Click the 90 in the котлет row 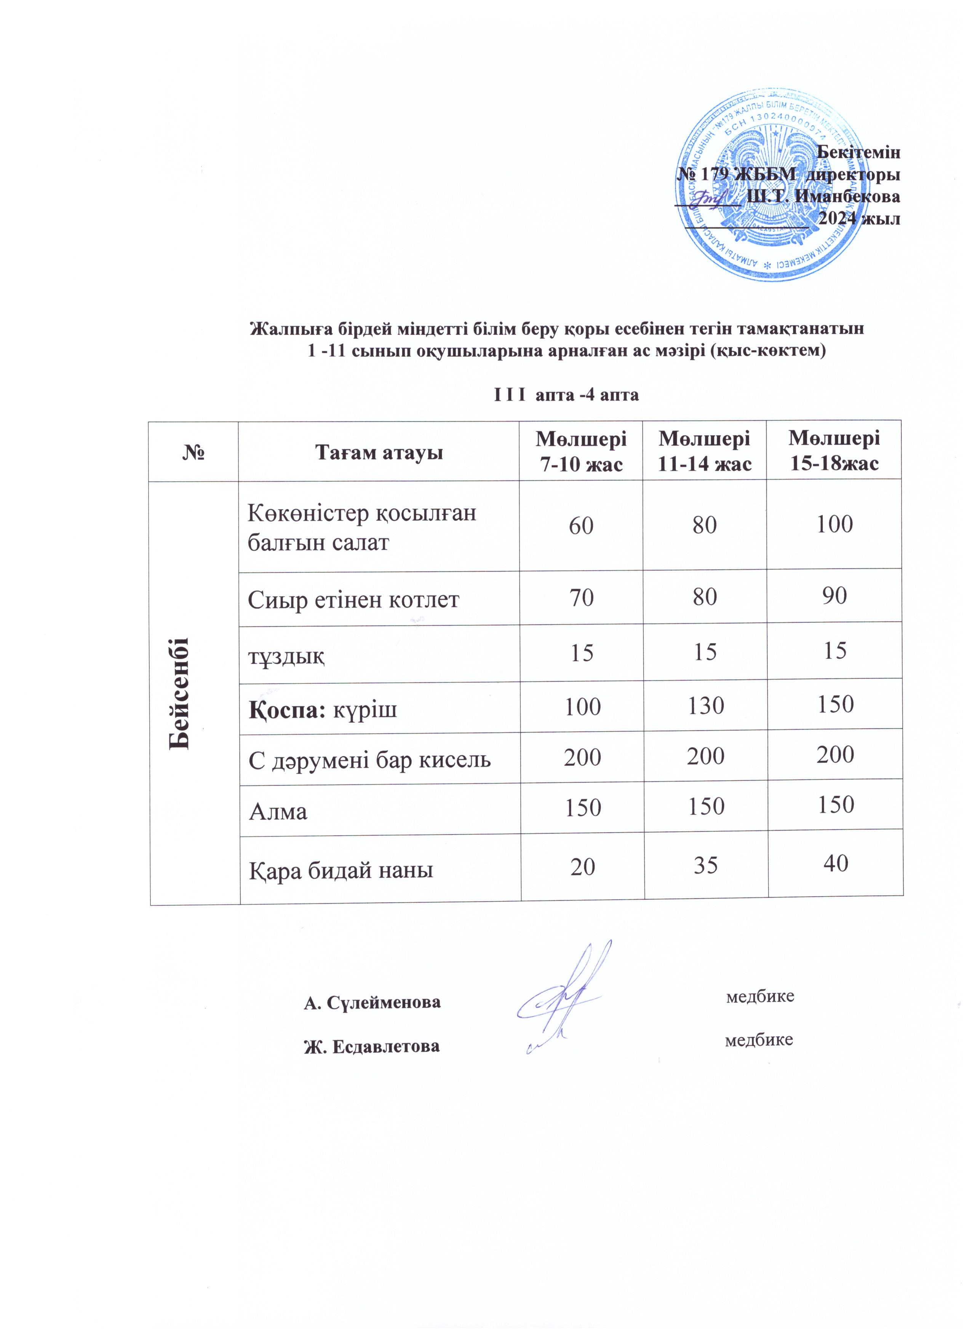(835, 596)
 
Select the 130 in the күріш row (705, 705)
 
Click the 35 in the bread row (705, 865)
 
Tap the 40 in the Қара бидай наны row (836, 864)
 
